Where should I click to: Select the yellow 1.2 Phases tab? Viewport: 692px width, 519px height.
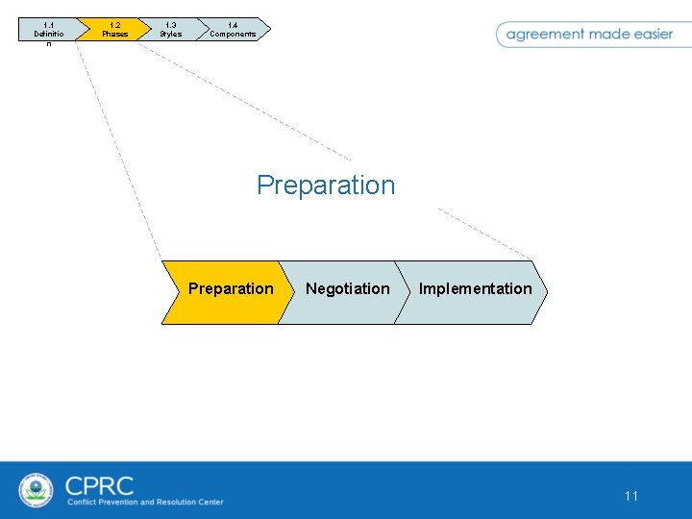pyautogui.click(x=114, y=30)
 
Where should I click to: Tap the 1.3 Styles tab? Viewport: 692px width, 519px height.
pyautogui.click(x=170, y=30)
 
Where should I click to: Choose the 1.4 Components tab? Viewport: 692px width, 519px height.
pyautogui.click(x=233, y=30)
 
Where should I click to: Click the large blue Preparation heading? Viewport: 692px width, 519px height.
pyautogui.click(x=326, y=185)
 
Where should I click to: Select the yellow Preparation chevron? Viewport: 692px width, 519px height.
pyautogui.click(x=228, y=289)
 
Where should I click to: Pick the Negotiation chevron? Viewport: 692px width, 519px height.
pyautogui.click(x=347, y=289)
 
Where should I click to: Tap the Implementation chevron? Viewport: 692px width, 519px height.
pyautogui.click(x=475, y=289)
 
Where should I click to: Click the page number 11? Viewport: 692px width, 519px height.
pyautogui.click(x=631, y=496)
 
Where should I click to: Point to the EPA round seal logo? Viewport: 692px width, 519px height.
pyautogui.click(x=37, y=490)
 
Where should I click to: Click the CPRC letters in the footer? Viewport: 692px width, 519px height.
pyautogui.click(x=100, y=485)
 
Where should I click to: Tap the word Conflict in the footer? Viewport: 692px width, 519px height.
pyautogui.click(x=84, y=502)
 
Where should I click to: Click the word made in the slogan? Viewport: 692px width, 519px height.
pyautogui.click(x=607, y=34)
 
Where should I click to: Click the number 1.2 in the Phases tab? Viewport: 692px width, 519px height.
pyautogui.click(x=114, y=25)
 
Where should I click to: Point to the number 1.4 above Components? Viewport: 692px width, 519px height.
pyautogui.click(x=233, y=25)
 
